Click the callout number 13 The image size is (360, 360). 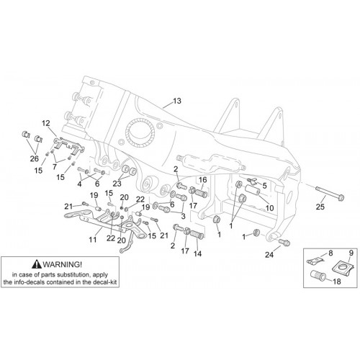coord(177,101)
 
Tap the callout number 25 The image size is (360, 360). coord(320,207)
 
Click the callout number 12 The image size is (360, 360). coord(46,123)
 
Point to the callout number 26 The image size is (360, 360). coord(35,158)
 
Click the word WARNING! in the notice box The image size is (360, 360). coord(63,264)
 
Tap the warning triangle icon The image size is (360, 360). coord(37,264)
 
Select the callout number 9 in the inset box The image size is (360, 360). coord(351,253)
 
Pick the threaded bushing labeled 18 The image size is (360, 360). coord(318,275)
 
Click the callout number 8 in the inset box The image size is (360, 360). coord(330,253)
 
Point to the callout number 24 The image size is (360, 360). coord(269,255)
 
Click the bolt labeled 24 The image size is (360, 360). coord(285,242)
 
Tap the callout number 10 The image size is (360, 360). coord(269,208)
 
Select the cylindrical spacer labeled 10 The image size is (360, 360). coord(253,190)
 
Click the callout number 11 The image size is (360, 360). coord(93,240)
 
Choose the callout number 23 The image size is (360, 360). coord(117,184)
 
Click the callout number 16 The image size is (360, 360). coord(203,180)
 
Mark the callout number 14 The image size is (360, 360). coord(197,253)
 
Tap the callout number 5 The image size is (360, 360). coord(264,186)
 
